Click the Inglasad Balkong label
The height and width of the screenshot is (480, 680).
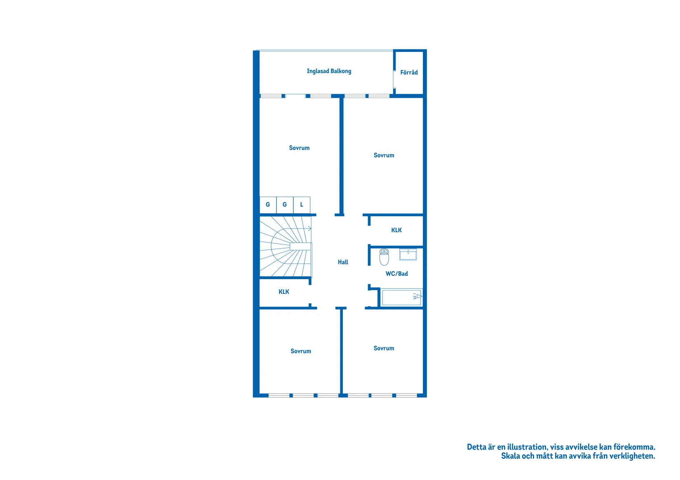[329, 71]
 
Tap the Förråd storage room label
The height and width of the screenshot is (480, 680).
[409, 72]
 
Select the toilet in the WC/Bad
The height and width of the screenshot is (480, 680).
[384, 257]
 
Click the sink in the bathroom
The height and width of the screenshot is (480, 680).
[408, 254]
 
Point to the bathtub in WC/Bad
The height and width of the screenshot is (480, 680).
[401, 298]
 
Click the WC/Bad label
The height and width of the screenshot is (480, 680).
[396, 274]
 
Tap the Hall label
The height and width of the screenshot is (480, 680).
[343, 262]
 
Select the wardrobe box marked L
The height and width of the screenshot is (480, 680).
[302, 205]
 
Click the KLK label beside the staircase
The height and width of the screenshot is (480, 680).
[284, 292]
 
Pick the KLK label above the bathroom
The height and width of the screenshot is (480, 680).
[396, 230]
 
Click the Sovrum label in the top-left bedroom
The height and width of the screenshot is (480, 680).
[299, 148]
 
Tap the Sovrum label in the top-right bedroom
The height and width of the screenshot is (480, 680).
[384, 156]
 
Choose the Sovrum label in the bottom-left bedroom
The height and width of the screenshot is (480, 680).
[300, 351]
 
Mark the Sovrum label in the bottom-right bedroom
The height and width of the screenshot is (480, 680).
[384, 348]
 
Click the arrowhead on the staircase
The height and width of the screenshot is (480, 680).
[310, 228]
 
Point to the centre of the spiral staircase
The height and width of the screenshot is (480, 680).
[291, 247]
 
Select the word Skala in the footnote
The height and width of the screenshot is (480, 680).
[510, 456]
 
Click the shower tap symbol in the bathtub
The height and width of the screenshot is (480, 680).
[417, 296]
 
